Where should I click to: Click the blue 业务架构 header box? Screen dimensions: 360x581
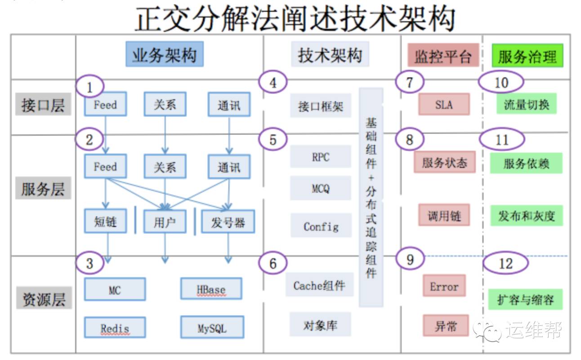click(164, 54)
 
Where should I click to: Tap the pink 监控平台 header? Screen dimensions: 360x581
click(443, 56)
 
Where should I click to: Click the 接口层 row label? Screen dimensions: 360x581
click(43, 105)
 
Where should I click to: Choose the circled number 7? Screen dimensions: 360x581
click(409, 82)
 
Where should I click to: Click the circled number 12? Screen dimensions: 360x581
click(505, 263)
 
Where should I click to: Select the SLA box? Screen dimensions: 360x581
click(444, 105)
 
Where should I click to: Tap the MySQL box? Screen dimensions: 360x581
click(212, 328)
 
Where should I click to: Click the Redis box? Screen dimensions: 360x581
click(115, 328)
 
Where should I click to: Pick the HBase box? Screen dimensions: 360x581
click(211, 289)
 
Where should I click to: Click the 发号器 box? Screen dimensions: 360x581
click(228, 222)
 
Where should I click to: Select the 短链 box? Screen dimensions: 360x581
click(105, 222)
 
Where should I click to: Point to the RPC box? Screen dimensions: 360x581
click(320, 157)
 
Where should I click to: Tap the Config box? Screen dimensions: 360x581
click(321, 226)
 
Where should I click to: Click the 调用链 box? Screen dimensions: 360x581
click(444, 216)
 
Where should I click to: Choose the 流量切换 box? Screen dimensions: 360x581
click(526, 105)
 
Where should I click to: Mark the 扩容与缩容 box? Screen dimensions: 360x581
click(525, 299)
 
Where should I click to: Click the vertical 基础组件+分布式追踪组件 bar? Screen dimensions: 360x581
click(371, 198)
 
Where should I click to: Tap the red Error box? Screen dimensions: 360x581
click(444, 286)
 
